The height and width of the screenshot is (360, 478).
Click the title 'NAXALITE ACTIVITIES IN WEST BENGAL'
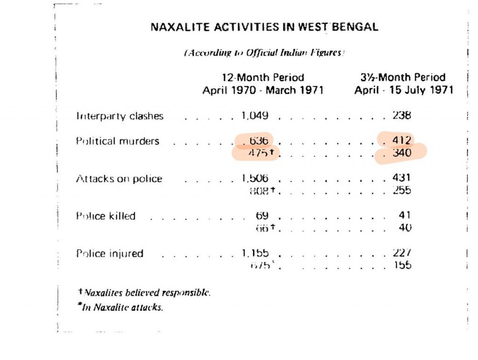(x=264, y=27)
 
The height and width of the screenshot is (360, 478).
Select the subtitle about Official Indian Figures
(x=264, y=53)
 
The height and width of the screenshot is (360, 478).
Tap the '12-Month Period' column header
(x=263, y=78)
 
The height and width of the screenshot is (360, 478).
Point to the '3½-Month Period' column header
(x=404, y=78)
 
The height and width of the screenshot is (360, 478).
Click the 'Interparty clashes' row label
(x=120, y=116)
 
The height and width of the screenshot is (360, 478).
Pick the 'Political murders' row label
(x=118, y=141)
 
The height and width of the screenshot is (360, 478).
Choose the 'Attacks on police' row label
(x=119, y=179)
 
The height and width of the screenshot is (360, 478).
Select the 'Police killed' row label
(x=106, y=216)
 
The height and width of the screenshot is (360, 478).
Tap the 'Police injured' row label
(x=110, y=254)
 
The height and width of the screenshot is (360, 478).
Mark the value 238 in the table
(x=401, y=115)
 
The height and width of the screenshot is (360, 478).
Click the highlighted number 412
(x=401, y=140)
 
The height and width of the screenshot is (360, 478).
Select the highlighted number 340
(x=401, y=152)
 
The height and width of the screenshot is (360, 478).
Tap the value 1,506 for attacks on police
(x=255, y=178)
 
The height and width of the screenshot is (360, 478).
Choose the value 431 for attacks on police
(x=401, y=178)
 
